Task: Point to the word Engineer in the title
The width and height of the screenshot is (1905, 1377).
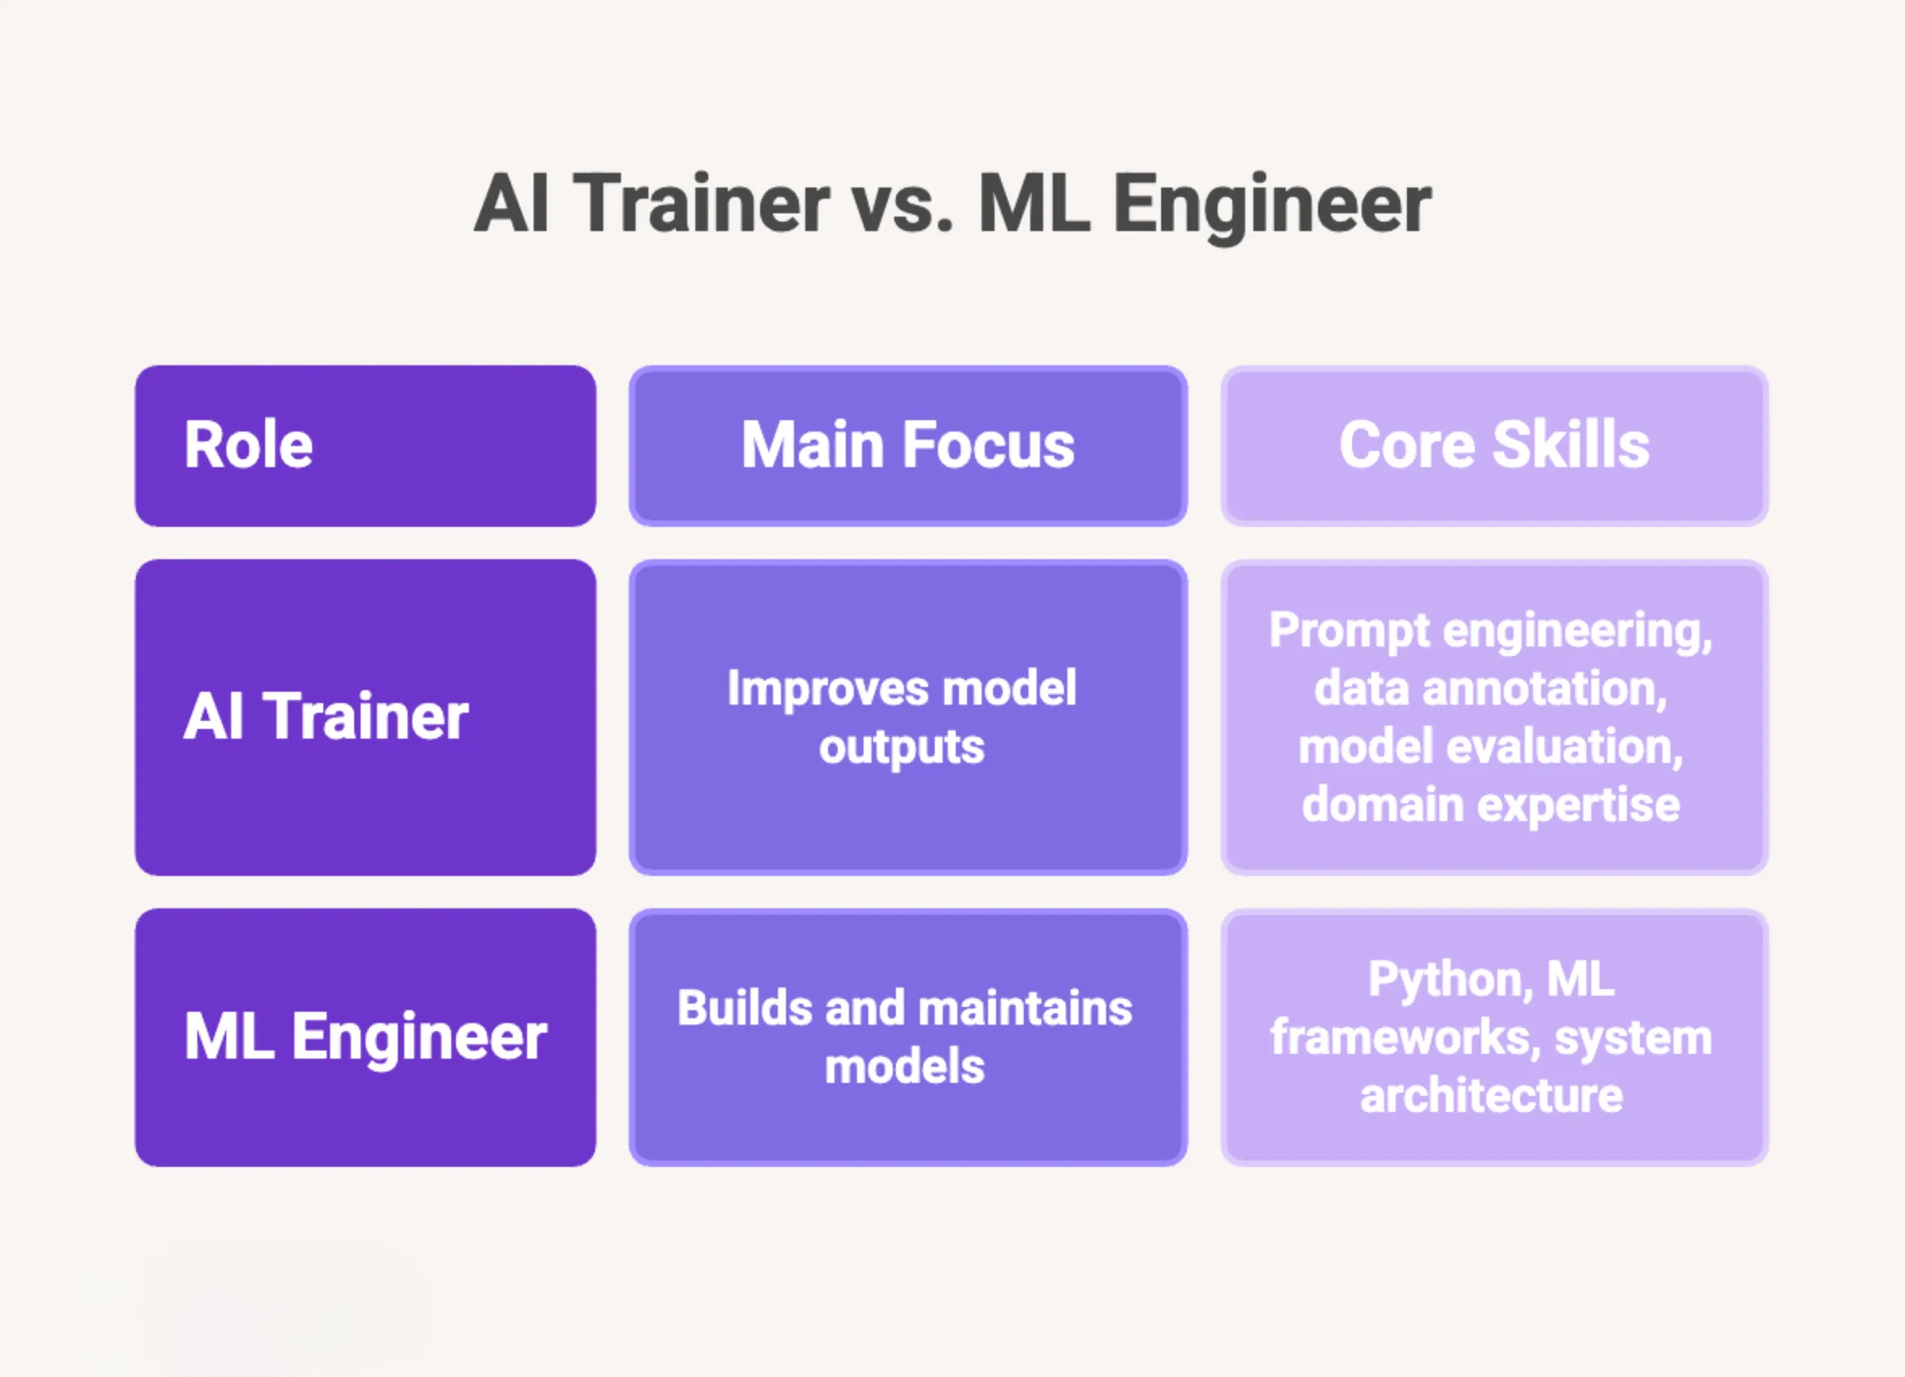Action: click(1272, 206)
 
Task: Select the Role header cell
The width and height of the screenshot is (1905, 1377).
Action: click(365, 446)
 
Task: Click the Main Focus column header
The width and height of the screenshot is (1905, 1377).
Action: click(908, 446)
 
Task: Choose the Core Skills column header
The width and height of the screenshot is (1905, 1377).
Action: click(1494, 446)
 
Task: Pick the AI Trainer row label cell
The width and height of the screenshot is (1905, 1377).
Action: click(365, 717)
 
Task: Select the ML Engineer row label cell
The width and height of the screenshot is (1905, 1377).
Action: click(365, 1037)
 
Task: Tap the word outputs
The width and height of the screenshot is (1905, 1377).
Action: click(902, 747)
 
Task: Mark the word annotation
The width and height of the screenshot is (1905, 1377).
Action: click(1544, 689)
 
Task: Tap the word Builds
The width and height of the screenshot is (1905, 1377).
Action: click(744, 1009)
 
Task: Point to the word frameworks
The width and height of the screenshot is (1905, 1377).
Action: click(1404, 1038)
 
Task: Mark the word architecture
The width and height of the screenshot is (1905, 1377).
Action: click(1491, 1096)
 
